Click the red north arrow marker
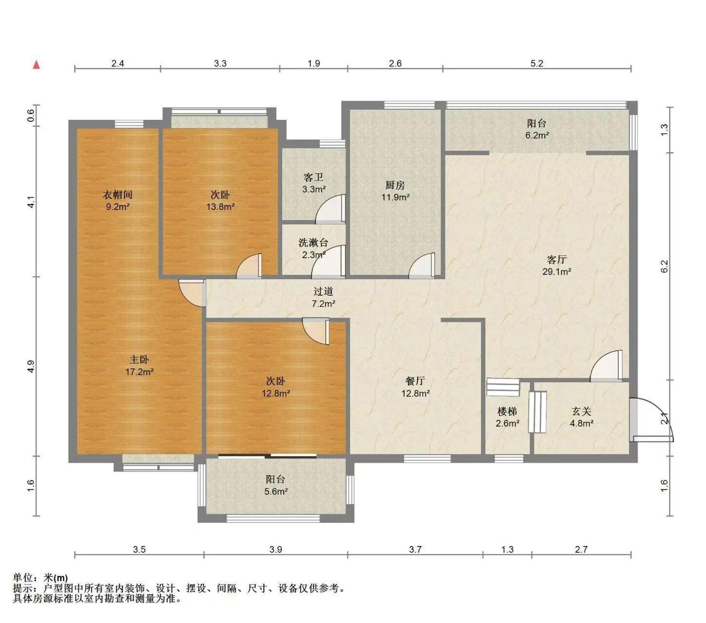pyautogui.click(x=36, y=64)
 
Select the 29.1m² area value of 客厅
pyautogui.click(x=556, y=271)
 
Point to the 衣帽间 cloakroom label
pyautogui.click(x=117, y=194)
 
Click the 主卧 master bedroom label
pyautogui.click(x=139, y=359)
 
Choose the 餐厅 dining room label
pyautogui.click(x=415, y=381)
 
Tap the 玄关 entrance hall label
pyautogui.click(x=581, y=412)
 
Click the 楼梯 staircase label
pyautogui.click(x=507, y=412)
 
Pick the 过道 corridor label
pyautogui.click(x=323, y=291)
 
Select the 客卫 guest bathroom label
pyautogui.click(x=313, y=177)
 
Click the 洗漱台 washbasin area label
pyautogui.click(x=313, y=243)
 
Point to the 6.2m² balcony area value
pyautogui.click(x=537, y=135)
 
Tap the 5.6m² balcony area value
pyautogui.click(x=276, y=491)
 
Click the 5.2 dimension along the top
pyautogui.click(x=536, y=63)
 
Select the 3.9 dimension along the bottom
pyautogui.click(x=276, y=549)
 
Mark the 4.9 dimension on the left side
pyautogui.click(x=31, y=366)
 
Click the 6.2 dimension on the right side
pyautogui.click(x=665, y=266)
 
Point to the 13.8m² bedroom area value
pyautogui.click(x=220, y=207)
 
